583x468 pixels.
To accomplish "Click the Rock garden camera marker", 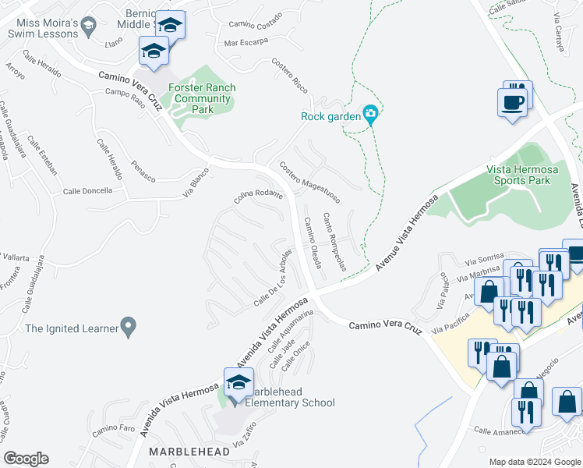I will coord(371,115).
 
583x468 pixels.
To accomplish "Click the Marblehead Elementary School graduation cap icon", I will coord(238,383).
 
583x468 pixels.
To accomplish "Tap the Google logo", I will coord(26,459).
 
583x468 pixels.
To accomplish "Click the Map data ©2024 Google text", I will coord(535,462).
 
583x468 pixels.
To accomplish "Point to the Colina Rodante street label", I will coord(257,198).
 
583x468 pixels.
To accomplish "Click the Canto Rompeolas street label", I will coord(334,242).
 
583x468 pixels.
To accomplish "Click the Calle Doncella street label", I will coord(87,190).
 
